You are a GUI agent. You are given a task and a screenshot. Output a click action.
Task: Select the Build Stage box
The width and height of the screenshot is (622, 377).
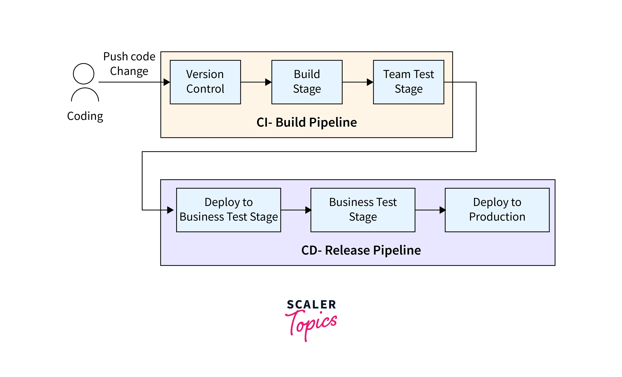click(x=307, y=82)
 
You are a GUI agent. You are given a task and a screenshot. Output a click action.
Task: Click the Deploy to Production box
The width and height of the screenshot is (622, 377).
click(x=497, y=210)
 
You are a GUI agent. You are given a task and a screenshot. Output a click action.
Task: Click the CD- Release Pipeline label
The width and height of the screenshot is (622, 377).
click(x=361, y=250)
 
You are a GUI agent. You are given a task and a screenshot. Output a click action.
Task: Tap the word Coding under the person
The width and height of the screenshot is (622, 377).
click(x=85, y=116)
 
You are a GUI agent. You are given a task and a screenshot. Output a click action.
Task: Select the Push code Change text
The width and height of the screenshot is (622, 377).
click(x=129, y=64)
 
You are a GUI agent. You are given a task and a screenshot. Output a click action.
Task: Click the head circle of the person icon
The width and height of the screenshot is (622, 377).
click(x=84, y=74)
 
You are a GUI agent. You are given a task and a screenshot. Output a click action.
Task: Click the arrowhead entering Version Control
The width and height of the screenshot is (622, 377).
click(x=167, y=82)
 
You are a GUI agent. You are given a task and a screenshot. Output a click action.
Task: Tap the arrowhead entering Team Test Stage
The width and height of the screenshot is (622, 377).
click(x=370, y=82)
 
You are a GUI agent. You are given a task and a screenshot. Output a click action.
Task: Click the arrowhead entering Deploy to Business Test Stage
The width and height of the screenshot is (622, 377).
click(x=170, y=210)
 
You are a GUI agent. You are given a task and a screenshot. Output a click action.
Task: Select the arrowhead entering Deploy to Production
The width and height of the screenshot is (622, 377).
click(x=443, y=210)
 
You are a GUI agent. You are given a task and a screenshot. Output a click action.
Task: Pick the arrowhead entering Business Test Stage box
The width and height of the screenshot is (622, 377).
click(x=308, y=210)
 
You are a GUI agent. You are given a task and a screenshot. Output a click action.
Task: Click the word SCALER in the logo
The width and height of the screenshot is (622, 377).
click(x=311, y=304)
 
